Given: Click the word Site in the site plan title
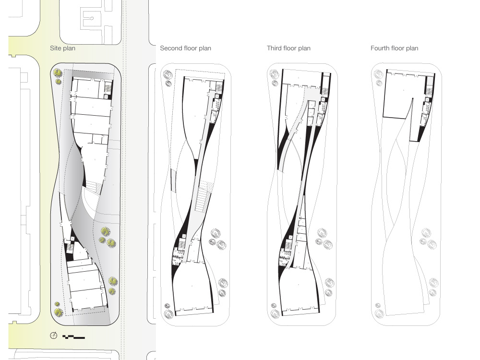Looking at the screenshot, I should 56,48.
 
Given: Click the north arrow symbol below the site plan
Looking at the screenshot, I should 54,336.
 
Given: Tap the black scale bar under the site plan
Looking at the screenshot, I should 73,336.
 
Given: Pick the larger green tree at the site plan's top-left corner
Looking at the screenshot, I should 58,73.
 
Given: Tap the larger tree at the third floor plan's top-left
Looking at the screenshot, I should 274,74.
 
